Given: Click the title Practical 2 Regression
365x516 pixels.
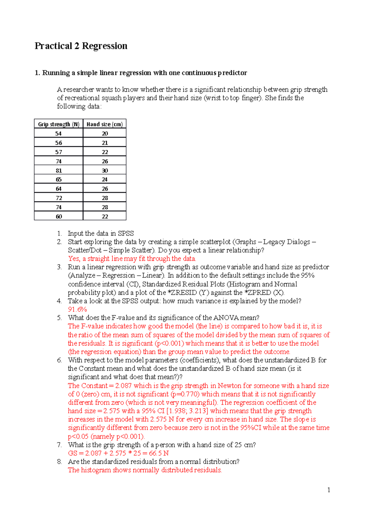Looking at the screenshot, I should (x=81, y=46).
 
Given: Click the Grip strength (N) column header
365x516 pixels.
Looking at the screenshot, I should (x=58, y=124).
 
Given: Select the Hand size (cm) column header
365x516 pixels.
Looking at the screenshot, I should (x=105, y=124).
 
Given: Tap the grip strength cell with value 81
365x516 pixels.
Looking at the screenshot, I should (x=59, y=170).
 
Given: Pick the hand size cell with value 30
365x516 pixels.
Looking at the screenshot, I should (x=105, y=170).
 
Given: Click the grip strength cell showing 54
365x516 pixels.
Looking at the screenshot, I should (x=58, y=133).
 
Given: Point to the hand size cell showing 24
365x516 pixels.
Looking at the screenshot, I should (x=105, y=180).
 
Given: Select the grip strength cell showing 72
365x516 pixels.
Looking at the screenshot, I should (x=59, y=198).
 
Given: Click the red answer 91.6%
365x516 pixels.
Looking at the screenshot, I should (x=77, y=309).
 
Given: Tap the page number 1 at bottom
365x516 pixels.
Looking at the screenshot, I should (x=328, y=490).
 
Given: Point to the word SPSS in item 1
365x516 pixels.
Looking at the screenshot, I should (x=126, y=233).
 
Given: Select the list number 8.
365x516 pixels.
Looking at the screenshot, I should (x=59, y=462).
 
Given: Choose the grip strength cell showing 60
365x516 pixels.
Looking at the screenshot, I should (x=59, y=217).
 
